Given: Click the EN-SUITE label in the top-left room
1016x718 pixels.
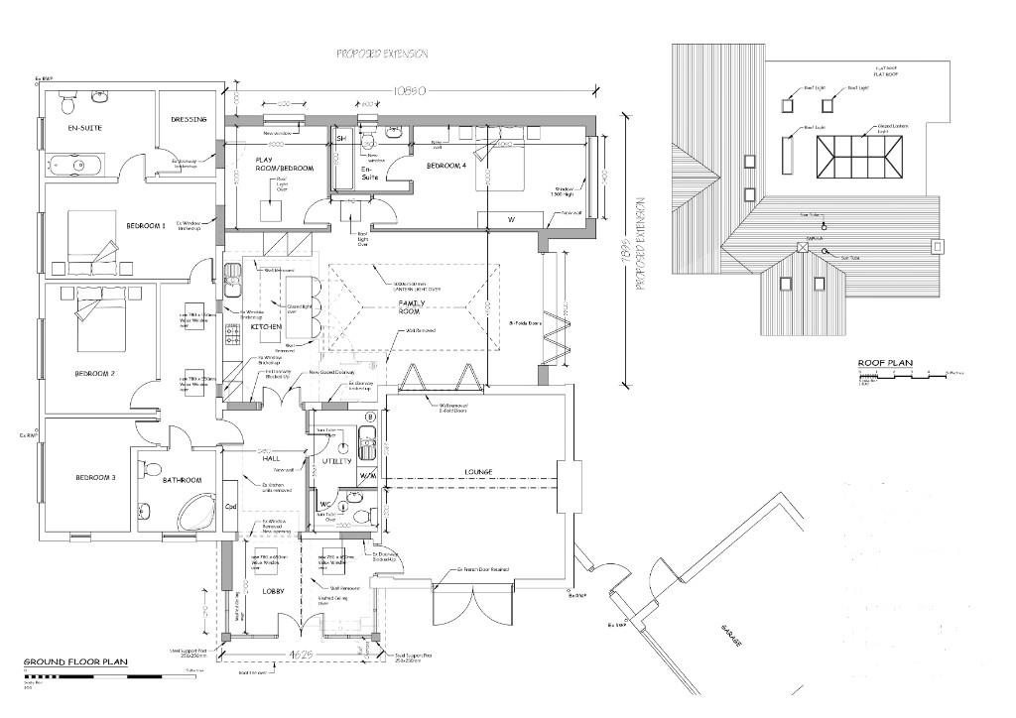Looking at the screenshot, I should pos(85,128).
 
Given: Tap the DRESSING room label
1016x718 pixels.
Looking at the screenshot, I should pos(189,120).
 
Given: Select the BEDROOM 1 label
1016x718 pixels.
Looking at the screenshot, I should pos(146,226).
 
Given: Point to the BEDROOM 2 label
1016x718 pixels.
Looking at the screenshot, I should pos(95,374).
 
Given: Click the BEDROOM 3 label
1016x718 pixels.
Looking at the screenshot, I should pos(96,478).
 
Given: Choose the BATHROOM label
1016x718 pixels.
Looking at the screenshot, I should pos(182,480).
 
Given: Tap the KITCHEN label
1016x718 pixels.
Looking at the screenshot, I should pos(266,326).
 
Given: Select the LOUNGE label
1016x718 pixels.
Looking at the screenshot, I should pos(480,472).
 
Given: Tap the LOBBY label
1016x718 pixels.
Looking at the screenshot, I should pos(273,592).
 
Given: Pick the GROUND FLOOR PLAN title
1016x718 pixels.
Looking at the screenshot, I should pos(75,659).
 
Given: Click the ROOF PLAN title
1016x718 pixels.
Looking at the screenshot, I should pos(885,363).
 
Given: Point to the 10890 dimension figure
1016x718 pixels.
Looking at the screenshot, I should pos(410,90).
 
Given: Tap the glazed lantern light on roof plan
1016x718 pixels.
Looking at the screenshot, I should pos(859,157).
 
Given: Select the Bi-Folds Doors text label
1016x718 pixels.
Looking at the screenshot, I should pos(525,323).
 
